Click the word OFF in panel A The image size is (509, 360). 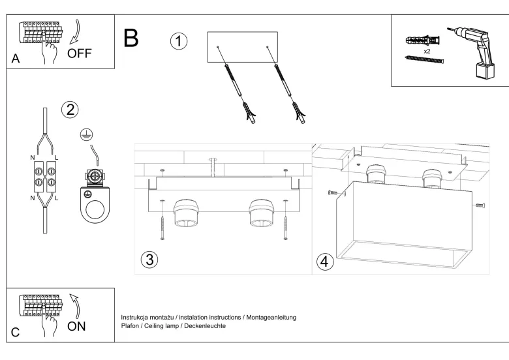(79, 53)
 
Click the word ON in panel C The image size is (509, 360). (76, 326)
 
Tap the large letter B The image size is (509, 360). (131, 38)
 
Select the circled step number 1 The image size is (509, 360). (179, 41)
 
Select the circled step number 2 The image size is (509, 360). (70, 110)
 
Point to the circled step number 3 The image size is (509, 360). (149, 260)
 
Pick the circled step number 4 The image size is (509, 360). (324, 262)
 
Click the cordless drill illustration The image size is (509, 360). (472, 52)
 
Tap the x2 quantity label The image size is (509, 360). (427, 52)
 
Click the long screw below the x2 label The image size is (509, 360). (424, 59)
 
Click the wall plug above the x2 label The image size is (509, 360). (422, 41)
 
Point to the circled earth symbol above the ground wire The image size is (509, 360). (87, 135)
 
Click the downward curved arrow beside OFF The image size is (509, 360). (76, 33)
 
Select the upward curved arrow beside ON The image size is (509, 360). (75, 306)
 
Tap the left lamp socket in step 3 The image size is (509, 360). (186, 213)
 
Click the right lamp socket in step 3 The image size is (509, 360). (261, 213)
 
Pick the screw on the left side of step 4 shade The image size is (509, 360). (333, 193)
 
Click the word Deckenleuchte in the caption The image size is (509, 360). (205, 325)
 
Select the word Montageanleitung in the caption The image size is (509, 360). (271, 318)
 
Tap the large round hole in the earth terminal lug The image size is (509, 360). (95, 210)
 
